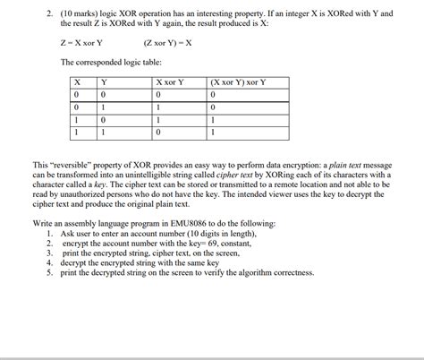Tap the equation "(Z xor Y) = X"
coord(166,42)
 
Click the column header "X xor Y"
coord(169,82)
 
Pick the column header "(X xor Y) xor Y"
coord(238,82)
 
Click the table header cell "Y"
coord(104,82)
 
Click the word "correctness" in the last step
coord(288,272)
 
